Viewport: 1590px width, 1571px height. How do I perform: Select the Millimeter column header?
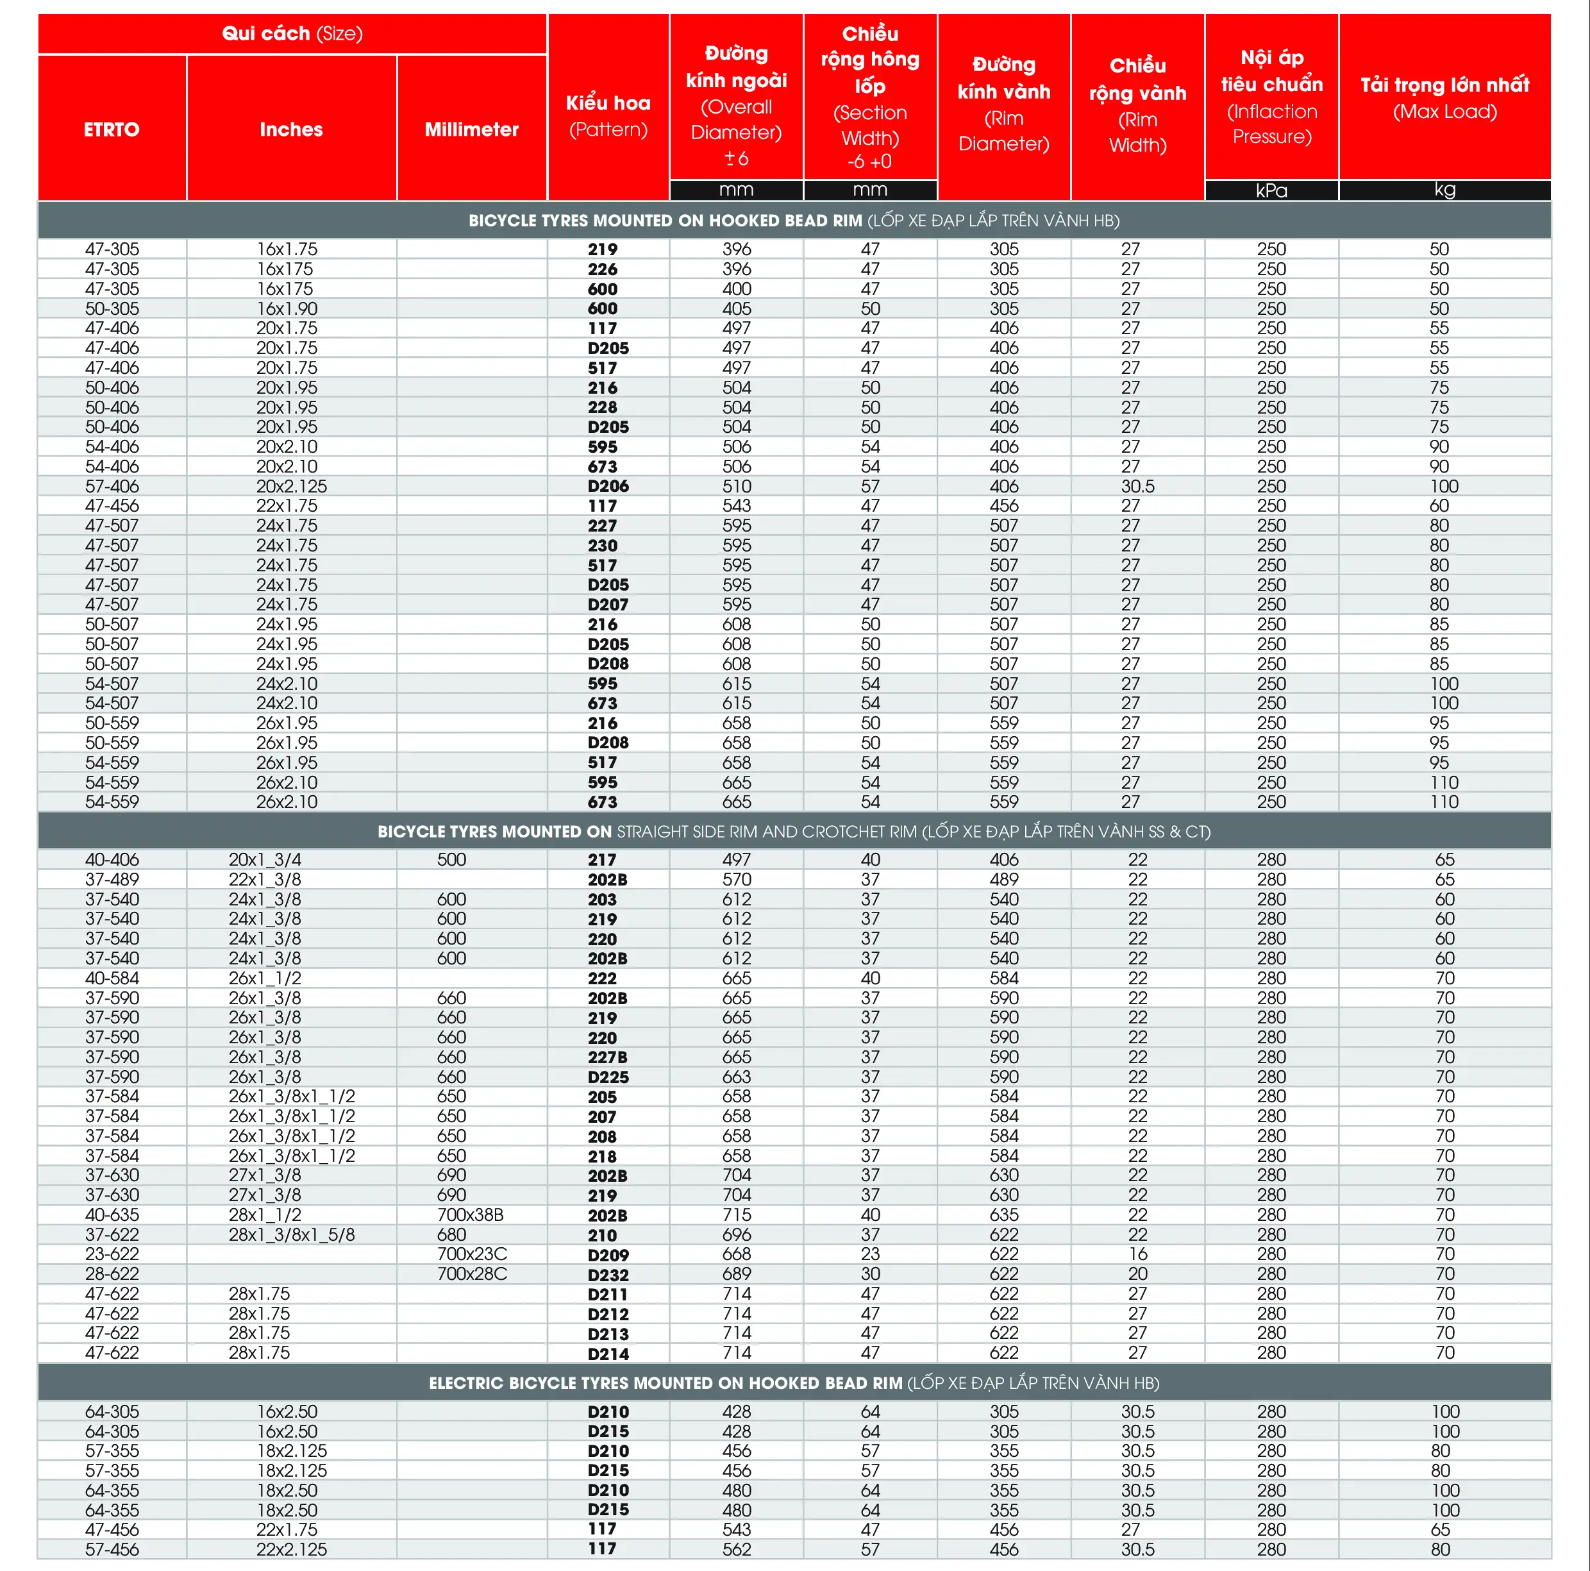click(472, 129)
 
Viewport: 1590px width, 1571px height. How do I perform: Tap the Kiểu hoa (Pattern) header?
click(608, 115)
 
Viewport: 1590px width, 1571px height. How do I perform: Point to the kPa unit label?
click(1271, 190)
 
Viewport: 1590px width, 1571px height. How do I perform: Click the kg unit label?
click(1444, 189)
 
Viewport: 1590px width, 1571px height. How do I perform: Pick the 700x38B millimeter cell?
click(470, 1214)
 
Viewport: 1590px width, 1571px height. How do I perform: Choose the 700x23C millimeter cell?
click(472, 1254)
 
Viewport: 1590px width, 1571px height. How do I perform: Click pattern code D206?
click(608, 486)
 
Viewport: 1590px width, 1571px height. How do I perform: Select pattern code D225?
click(608, 1077)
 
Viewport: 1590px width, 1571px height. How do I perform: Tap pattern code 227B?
click(608, 1057)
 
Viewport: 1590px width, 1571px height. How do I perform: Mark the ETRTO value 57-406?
click(112, 486)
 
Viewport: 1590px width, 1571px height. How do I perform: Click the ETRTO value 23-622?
click(112, 1254)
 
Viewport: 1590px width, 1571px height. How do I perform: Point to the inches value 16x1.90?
click(287, 308)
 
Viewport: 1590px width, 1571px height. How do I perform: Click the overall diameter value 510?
click(737, 486)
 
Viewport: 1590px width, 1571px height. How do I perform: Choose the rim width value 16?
click(1137, 1254)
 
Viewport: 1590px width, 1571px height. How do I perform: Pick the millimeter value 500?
click(451, 859)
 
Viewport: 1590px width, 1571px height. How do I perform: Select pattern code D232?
click(608, 1274)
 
